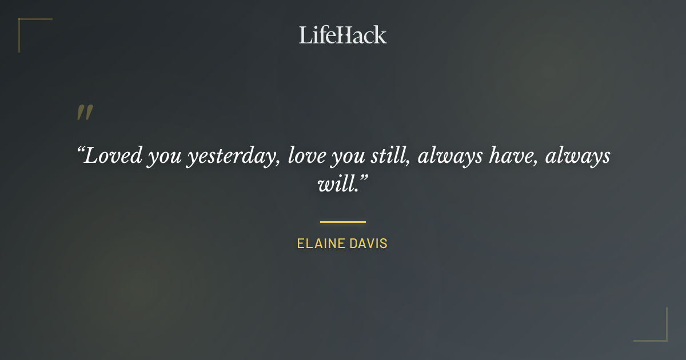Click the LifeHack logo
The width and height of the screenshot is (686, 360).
click(x=342, y=35)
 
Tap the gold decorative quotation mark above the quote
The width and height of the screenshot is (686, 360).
click(x=84, y=113)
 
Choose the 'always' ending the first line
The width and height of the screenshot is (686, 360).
click(x=577, y=156)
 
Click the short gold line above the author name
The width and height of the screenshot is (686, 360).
click(x=342, y=222)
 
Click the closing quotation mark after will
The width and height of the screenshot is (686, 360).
click(x=362, y=179)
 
